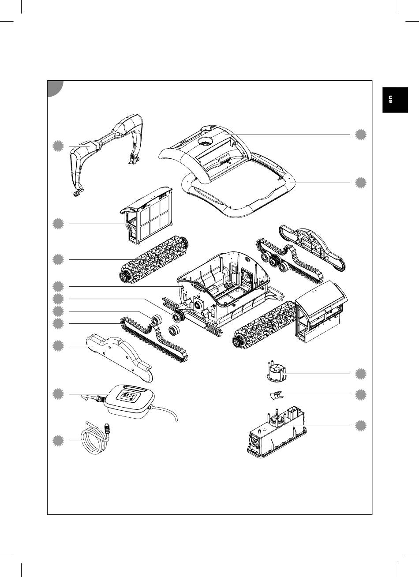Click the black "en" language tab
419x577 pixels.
[x=395, y=100]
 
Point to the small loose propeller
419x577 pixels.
[x=276, y=395]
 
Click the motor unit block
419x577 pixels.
[x=277, y=432]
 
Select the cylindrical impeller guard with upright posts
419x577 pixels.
[x=277, y=372]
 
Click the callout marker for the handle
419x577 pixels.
[x=58, y=146]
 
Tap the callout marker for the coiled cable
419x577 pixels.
[x=58, y=441]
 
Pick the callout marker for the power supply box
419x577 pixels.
[x=58, y=394]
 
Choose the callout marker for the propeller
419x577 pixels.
[x=360, y=395]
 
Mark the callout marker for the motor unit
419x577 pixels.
[x=360, y=426]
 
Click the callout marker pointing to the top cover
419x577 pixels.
[x=360, y=135]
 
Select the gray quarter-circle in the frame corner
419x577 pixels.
[x=55, y=89]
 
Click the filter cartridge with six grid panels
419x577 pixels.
[x=146, y=215]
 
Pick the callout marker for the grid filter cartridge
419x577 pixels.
[x=58, y=224]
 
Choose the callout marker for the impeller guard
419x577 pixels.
[x=360, y=374]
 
